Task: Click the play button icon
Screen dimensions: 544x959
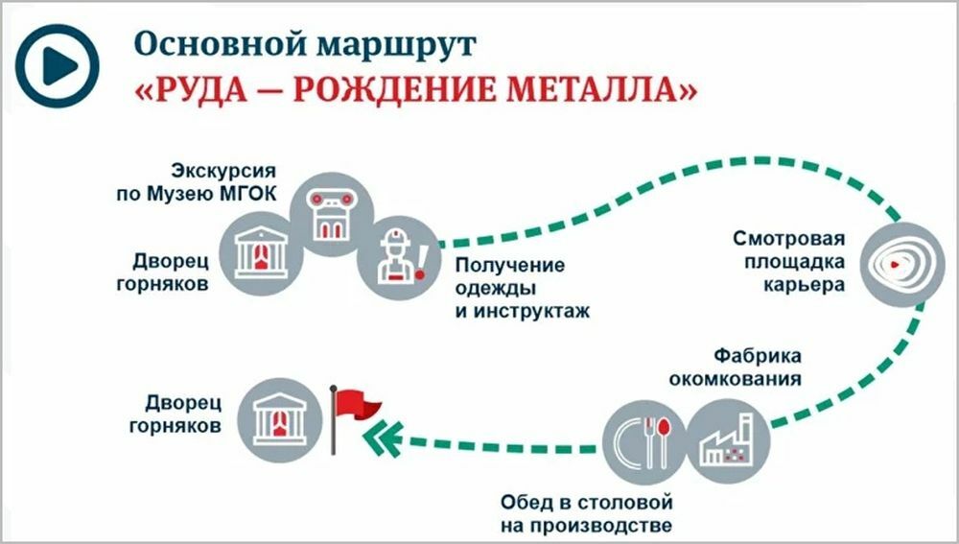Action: (x=58, y=66)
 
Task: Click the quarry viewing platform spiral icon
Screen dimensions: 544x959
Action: (x=893, y=261)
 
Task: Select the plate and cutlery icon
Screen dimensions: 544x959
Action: (x=643, y=438)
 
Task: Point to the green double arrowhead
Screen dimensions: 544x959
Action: (x=381, y=437)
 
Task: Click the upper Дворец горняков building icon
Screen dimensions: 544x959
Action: (x=261, y=246)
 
